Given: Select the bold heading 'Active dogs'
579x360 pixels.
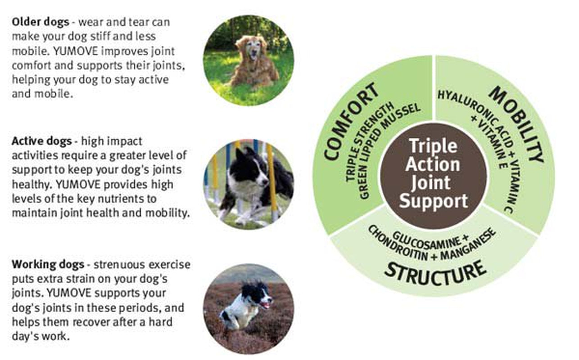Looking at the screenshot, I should point(41,141).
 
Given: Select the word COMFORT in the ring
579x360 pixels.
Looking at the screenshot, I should point(351,121).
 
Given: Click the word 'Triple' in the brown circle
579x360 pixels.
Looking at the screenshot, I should point(433,146).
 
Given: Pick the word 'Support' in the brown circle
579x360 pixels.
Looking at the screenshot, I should point(433,201).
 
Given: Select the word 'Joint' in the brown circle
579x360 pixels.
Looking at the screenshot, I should point(433,183).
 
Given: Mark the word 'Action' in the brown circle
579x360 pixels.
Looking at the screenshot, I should point(433,164).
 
